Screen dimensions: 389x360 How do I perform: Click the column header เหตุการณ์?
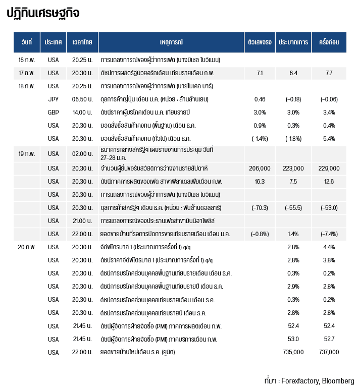click(171, 42)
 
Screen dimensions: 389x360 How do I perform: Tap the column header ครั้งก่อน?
click(329, 42)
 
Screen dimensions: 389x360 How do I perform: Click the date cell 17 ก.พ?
click(27, 73)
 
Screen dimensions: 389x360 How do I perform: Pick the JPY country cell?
click(53, 99)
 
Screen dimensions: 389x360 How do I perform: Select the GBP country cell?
click(53, 112)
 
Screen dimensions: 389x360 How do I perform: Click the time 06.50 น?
click(82, 99)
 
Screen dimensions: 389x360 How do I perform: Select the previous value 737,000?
click(329, 352)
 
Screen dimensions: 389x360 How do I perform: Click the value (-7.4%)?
click(329, 234)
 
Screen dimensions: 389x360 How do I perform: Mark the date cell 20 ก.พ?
click(27, 247)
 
